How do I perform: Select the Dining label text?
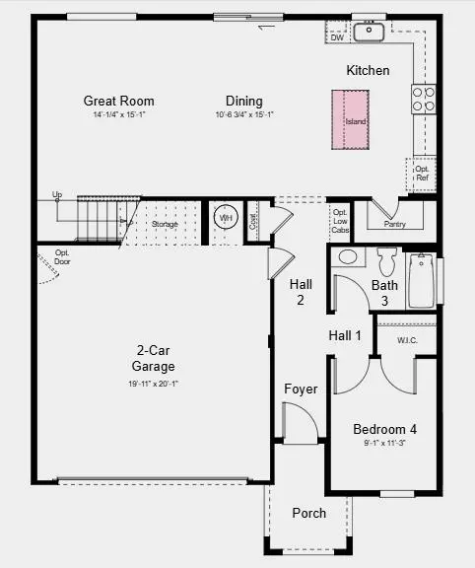tap(244, 101)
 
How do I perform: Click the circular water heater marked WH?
tap(226, 218)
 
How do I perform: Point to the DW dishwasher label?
tap(337, 36)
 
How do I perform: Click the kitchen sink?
tap(369, 33)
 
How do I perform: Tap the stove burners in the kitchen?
tap(424, 98)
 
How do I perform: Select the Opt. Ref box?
tap(423, 174)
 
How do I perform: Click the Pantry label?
tap(393, 224)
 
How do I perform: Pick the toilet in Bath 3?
tap(386, 262)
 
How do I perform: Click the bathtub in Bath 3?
tap(422, 281)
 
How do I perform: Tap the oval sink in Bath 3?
tap(347, 257)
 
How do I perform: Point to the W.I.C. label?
tap(409, 340)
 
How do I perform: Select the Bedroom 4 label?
tap(385, 429)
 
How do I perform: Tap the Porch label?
tap(308, 513)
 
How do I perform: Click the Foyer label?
tap(301, 389)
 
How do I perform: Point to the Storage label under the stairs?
tap(165, 225)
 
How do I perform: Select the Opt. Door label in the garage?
tap(62, 257)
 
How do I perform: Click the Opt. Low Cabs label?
tap(340, 221)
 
